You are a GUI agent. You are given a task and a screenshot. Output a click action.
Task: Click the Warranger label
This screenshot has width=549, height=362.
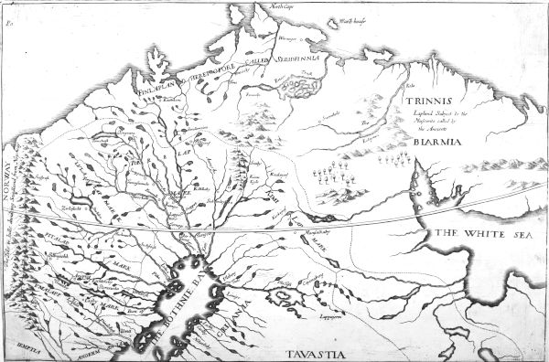tap(290, 37)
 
